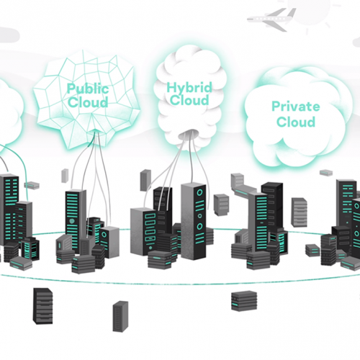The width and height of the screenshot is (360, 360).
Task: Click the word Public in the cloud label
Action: click(x=88, y=89)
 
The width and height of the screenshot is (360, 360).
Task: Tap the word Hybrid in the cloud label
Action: click(x=189, y=88)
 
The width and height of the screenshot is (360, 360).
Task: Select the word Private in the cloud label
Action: click(x=296, y=107)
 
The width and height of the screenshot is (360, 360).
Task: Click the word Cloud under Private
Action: click(x=296, y=122)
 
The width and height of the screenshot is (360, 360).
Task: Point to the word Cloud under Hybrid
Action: click(x=189, y=100)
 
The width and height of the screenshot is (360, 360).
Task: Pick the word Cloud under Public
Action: click(x=88, y=102)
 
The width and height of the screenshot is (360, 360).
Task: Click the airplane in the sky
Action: click(x=271, y=19)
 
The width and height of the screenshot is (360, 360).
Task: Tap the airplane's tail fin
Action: click(x=292, y=12)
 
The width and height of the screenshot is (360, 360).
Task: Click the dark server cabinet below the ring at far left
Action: click(x=42, y=306)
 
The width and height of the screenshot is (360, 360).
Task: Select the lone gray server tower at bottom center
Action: click(x=120, y=316)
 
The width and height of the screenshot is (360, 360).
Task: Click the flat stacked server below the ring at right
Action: click(x=244, y=301)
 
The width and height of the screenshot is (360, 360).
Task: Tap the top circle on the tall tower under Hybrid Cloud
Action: click(x=199, y=192)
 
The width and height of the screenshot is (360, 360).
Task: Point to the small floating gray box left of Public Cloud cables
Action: click(x=65, y=176)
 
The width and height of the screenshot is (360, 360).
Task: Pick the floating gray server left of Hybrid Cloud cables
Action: click(x=145, y=180)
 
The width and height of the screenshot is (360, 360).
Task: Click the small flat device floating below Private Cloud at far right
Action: click(x=326, y=173)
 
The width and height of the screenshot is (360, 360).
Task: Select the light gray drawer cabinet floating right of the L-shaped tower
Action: click(x=299, y=212)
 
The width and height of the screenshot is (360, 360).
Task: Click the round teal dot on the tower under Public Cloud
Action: click(x=72, y=221)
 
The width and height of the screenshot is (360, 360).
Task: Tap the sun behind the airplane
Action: click(x=310, y=12)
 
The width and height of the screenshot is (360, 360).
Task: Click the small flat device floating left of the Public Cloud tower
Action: click(x=32, y=185)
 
